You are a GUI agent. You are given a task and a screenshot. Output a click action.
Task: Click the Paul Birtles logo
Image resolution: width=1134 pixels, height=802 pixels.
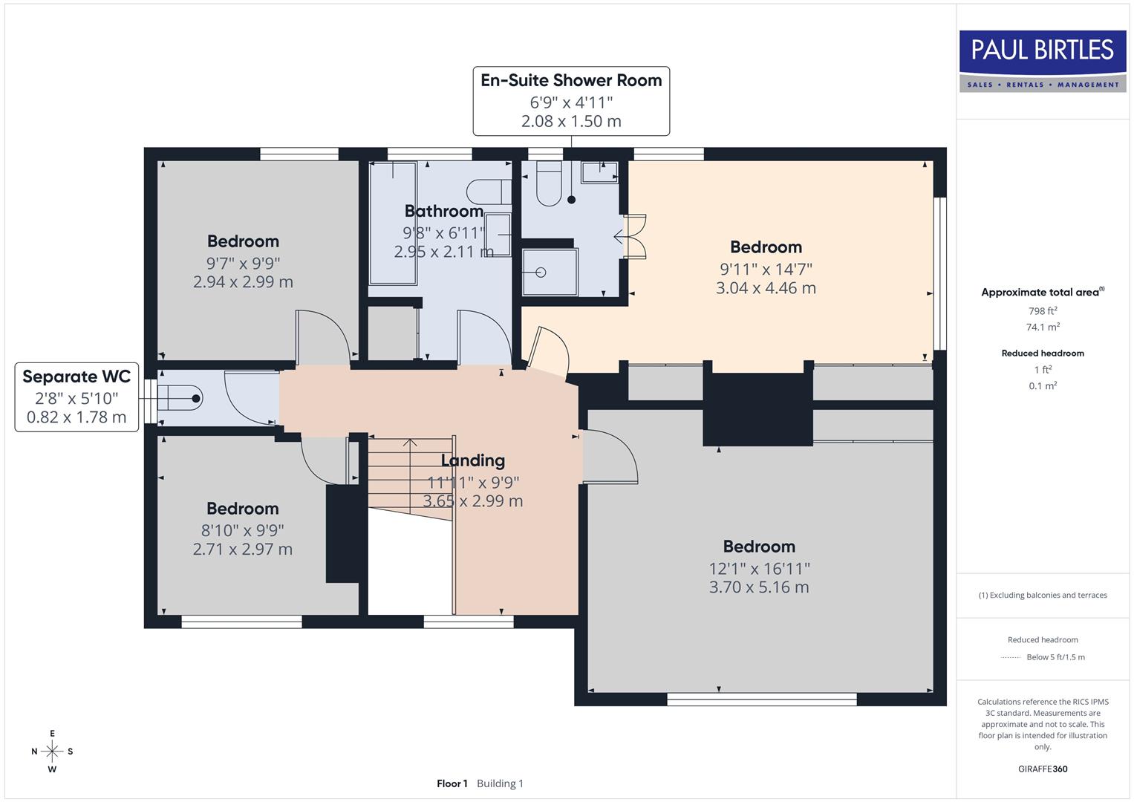pyautogui.click(x=1042, y=61)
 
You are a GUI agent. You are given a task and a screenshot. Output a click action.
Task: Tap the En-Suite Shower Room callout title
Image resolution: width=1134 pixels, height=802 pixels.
pyautogui.click(x=570, y=80)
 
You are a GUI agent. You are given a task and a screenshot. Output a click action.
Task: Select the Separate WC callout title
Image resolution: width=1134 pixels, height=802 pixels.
pyautogui.click(x=76, y=376)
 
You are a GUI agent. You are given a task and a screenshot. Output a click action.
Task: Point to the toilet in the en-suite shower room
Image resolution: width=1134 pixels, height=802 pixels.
pyautogui.click(x=549, y=185)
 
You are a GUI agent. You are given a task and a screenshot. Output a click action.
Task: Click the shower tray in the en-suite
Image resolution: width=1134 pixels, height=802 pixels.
pyautogui.click(x=548, y=273)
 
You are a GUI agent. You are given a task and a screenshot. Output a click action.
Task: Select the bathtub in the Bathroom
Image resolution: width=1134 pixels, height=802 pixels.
pyautogui.click(x=392, y=223)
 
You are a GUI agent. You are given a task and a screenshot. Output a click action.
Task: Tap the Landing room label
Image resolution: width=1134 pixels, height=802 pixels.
pyautogui.click(x=473, y=460)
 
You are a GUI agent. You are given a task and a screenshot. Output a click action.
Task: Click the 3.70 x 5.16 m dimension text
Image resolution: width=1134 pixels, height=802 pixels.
pyautogui.click(x=759, y=587)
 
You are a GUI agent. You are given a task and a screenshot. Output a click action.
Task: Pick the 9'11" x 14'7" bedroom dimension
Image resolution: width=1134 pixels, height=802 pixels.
pyautogui.click(x=766, y=269)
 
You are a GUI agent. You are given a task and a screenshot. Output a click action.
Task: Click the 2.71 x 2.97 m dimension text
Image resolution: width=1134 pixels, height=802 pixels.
pyautogui.click(x=243, y=550)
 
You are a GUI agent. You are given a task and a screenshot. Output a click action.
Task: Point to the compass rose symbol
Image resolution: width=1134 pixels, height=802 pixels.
pyautogui.click(x=52, y=752)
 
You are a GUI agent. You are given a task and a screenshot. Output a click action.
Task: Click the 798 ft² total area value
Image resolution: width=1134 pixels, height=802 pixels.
pyautogui.click(x=1043, y=311)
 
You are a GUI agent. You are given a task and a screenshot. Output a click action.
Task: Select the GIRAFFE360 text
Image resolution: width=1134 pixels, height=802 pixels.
pyautogui.click(x=1043, y=769)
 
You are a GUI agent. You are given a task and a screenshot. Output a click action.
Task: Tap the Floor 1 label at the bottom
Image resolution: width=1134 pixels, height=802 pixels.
pyautogui.click(x=452, y=783)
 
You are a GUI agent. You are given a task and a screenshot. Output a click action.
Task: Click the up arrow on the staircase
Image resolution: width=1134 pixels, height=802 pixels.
pyautogui.click(x=409, y=444)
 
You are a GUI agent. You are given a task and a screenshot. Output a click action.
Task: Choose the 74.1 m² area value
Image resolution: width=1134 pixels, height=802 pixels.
pyautogui.click(x=1043, y=327)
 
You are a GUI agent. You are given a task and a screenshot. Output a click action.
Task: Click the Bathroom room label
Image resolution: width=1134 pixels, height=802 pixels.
pyautogui.click(x=444, y=211)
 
